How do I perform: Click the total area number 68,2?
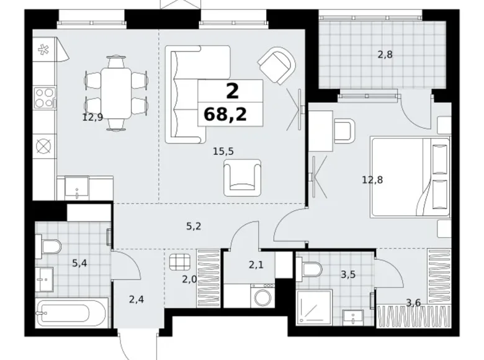pyautogui.click(x=225, y=115)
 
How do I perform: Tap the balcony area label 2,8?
pyautogui.click(x=385, y=55)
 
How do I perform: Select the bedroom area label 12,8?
pyautogui.click(x=372, y=179)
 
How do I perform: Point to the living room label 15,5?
pyautogui.click(x=223, y=151)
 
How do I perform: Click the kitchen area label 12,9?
pyautogui.click(x=92, y=117)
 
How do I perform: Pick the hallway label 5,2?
pyautogui.click(x=194, y=227)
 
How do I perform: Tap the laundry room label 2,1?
pyautogui.click(x=256, y=264)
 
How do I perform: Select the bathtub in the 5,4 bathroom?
pyautogui.click(x=72, y=312)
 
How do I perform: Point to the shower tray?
pyautogui.click(x=314, y=307)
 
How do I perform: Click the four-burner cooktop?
pyautogui.click(x=45, y=97)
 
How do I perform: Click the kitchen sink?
pyautogui.click(x=76, y=188)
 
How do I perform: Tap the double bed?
pyautogui.click(x=410, y=178)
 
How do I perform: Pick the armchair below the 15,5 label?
pyautogui.click(x=242, y=178)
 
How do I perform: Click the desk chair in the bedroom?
pyautogui.click(x=344, y=131)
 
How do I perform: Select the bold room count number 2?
pyautogui.click(x=233, y=91)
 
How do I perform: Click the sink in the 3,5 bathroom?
pyautogui.click(x=353, y=318)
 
